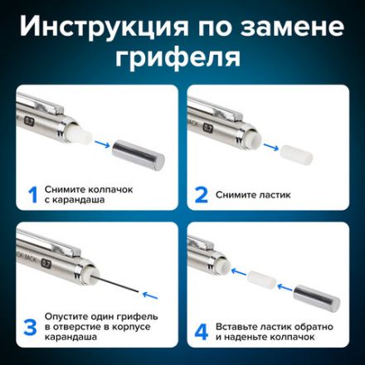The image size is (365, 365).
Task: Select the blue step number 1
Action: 33,196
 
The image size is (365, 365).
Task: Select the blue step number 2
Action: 201,196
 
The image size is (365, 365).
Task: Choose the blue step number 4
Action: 200,330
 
